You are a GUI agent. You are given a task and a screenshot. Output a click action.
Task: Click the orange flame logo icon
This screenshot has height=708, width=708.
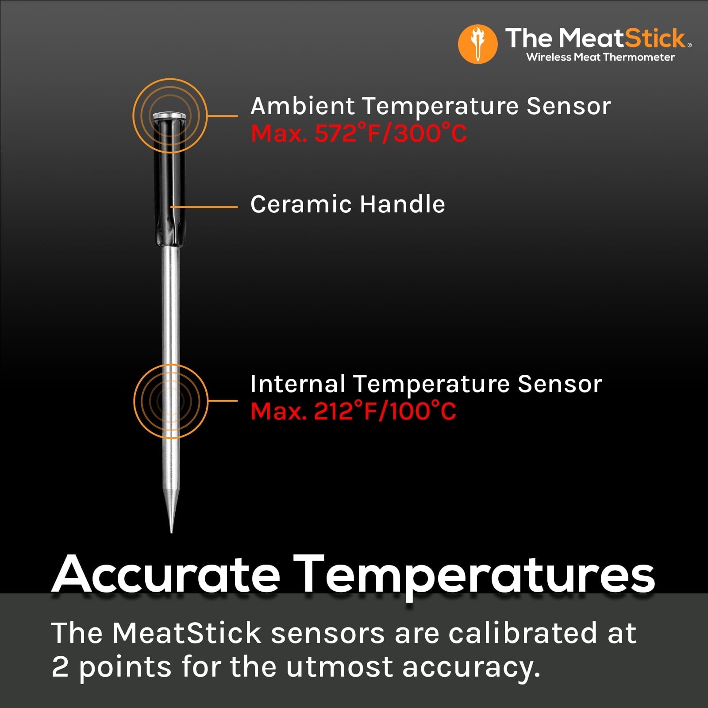coord(477,44)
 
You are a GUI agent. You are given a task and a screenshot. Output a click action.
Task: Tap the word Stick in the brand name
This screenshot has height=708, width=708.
coord(654,38)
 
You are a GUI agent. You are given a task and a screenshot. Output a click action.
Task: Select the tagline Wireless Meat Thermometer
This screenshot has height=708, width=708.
coord(600,57)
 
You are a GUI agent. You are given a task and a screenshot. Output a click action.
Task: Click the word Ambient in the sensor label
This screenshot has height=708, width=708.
coord(302,107)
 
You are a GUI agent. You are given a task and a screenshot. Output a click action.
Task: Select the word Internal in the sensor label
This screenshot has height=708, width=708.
coord(297,384)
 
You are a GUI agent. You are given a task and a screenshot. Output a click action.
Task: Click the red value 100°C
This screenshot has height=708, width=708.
coord(423,411)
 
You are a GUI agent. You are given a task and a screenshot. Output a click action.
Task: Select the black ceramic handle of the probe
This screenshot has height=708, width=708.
coord(170,186)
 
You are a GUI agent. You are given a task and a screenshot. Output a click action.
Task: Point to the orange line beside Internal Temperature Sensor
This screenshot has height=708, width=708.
coord(223,401)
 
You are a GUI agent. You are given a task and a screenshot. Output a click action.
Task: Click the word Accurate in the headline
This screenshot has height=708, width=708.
coord(166,575)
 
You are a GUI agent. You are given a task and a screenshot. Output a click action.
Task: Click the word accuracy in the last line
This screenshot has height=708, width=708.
coord(471,667)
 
